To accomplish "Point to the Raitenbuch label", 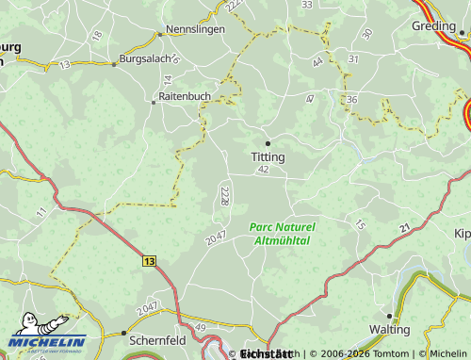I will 185,97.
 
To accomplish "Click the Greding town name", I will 433,26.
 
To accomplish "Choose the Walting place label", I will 389,330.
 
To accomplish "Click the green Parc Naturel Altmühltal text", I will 283,234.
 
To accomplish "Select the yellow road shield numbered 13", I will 151,258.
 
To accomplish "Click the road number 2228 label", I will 224,195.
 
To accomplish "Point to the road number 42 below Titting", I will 263,170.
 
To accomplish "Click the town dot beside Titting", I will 268,143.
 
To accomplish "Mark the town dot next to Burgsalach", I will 115,64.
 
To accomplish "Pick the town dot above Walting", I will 389,317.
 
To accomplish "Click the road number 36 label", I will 351,100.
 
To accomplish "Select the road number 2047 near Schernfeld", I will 146,309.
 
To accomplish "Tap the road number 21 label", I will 404,228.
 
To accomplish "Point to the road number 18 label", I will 97,36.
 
